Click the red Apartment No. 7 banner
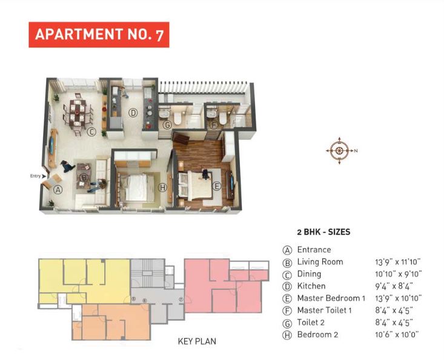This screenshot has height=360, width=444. [99, 35]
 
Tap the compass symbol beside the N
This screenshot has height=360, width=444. [339, 150]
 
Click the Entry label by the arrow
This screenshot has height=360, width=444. [35, 176]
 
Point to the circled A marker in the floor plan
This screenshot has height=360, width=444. [58, 189]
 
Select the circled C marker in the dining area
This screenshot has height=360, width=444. [91, 132]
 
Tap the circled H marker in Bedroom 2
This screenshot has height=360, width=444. [162, 188]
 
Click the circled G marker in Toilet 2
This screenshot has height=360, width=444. [167, 125]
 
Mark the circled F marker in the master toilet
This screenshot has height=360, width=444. [213, 125]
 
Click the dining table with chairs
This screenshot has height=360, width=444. [78, 113]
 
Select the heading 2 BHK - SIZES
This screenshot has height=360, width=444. [323, 232]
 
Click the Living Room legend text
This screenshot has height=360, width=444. [320, 262]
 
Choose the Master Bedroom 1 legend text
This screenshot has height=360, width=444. [331, 298]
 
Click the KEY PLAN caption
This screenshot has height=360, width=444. [197, 341]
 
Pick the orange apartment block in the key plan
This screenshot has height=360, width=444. [109, 321]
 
